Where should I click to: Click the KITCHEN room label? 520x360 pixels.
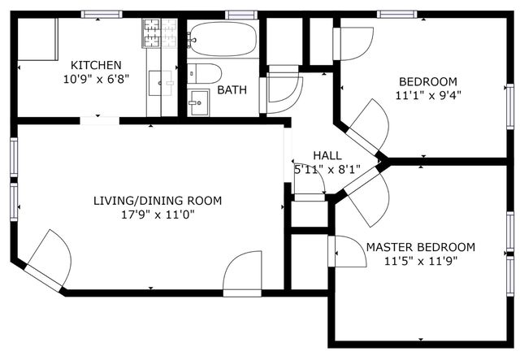(x=96, y=65)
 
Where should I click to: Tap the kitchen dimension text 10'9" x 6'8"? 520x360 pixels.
(x=96, y=80)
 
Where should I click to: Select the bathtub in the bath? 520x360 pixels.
(x=223, y=38)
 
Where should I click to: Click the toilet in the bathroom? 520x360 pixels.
(x=204, y=73)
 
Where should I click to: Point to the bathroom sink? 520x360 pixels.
(x=198, y=102)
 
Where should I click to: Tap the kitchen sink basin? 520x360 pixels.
(x=161, y=83)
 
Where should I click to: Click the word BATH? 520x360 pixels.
(x=232, y=90)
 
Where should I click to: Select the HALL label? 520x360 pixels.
(x=327, y=155)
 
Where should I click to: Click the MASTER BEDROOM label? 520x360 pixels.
(x=421, y=247)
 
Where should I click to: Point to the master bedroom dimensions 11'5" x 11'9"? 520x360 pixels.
(x=421, y=262)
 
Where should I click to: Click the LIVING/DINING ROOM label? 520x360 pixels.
(x=158, y=201)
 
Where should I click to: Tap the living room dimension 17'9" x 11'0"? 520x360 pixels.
(x=158, y=215)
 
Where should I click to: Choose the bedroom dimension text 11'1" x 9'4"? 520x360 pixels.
(x=428, y=96)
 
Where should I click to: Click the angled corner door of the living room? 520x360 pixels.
(x=49, y=262)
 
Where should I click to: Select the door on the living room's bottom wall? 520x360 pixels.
(x=242, y=274)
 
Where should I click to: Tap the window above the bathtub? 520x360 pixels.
(x=241, y=15)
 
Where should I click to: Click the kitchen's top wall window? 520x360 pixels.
(x=102, y=15)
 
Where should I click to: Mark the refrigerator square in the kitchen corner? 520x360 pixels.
(x=37, y=39)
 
